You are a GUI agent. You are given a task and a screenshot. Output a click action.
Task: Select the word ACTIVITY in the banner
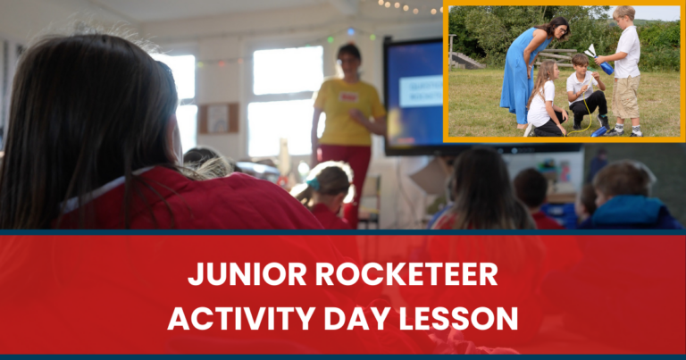click(240, 316)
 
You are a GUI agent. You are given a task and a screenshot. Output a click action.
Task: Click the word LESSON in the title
click(465, 316)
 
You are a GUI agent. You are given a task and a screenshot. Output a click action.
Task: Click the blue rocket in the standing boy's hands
click(605, 66)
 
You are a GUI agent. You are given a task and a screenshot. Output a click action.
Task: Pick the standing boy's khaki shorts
click(626, 98)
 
